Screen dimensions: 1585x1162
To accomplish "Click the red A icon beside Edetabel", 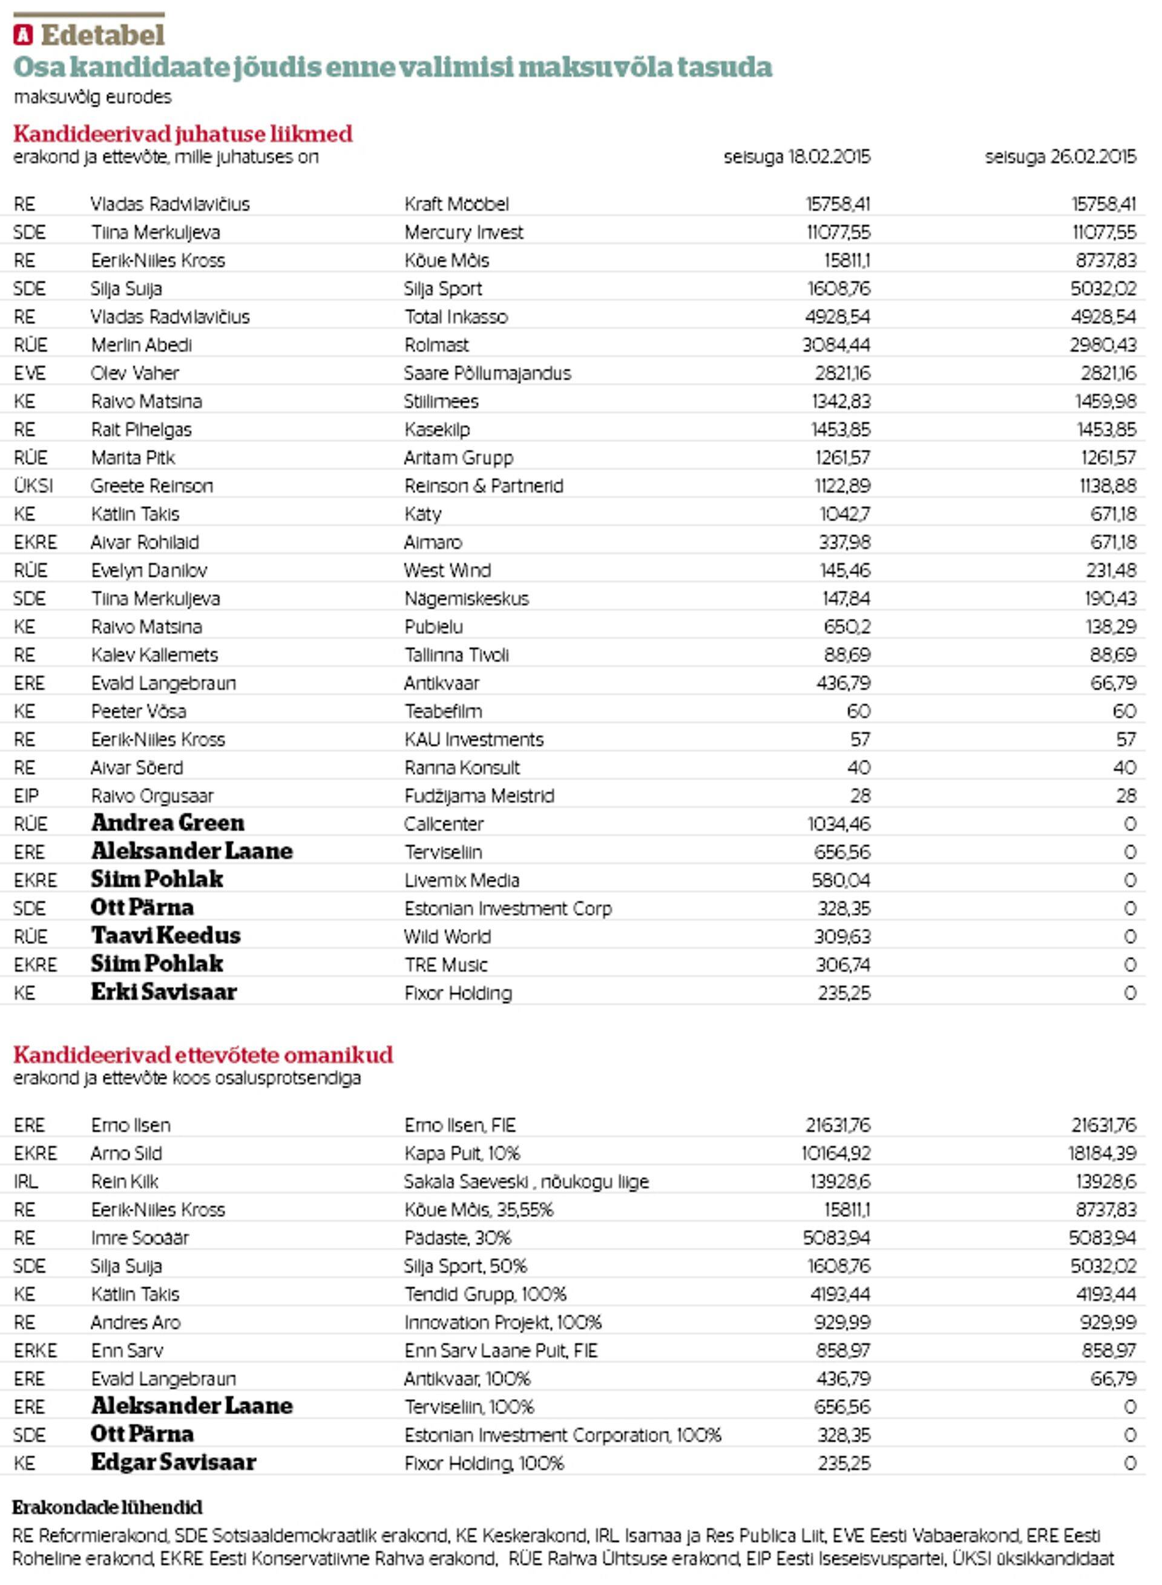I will coord(23,35).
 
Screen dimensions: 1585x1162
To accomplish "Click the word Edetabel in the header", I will coord(103,35).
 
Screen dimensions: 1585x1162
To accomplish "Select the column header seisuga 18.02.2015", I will coord(796,157).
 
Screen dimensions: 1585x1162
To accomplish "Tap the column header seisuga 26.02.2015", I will coord(1060,157).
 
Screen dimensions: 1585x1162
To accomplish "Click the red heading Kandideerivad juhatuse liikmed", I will coord(183,134).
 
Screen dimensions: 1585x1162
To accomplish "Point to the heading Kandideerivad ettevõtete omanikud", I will coord(203,1055).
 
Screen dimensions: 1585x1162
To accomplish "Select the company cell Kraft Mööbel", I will coord(456,204).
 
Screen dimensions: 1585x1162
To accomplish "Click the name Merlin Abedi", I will coord(142,344).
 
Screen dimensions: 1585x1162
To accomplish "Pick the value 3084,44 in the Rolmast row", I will coord(836,344).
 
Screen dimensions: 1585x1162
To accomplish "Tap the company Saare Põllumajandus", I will coord(487,373).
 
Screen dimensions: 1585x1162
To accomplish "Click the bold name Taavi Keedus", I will coord(166,935).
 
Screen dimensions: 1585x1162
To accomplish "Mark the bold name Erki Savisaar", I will coord(164,992).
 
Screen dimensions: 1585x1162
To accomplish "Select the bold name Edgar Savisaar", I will coord(174,1462).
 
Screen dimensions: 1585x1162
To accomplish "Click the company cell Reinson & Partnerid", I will coord(484,486).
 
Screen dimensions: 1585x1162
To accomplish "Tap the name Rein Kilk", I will coord(125,1181).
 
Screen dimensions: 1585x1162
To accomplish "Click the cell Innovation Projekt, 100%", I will coord(503,1322).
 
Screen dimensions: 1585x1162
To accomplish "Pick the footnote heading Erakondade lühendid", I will coord(108,1507).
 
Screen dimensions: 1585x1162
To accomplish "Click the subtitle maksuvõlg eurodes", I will coord(92,97).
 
